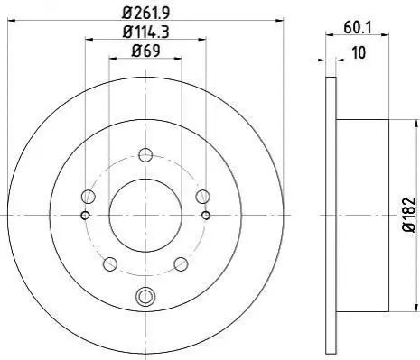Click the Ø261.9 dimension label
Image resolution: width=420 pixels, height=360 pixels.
coord(146,13)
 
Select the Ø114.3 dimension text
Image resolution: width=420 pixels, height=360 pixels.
coord(146,32)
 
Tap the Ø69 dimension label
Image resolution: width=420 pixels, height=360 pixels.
coord(145,51)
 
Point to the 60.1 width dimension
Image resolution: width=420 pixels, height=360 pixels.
coord(358,28)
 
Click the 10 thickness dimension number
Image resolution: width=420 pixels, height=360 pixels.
coord(359,52)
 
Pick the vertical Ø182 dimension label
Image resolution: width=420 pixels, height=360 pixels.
coord(409,215)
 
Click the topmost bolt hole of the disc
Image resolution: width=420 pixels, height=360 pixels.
coord(145,155)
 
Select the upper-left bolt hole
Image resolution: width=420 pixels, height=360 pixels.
coord(89,197)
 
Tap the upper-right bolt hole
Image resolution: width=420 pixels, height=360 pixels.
coord(202,197)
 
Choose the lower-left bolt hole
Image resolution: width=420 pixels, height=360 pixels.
coord(110,263)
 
